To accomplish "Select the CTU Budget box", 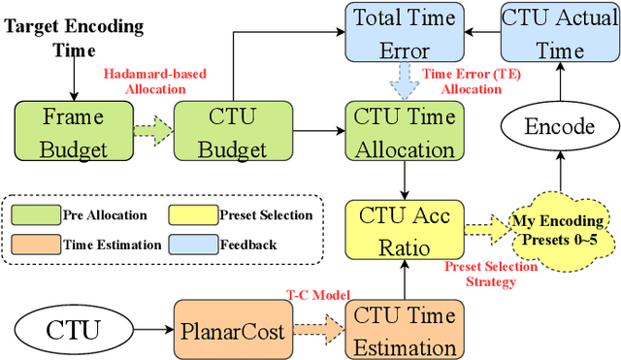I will coord(220,133).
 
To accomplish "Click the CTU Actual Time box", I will coord(556,31).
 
